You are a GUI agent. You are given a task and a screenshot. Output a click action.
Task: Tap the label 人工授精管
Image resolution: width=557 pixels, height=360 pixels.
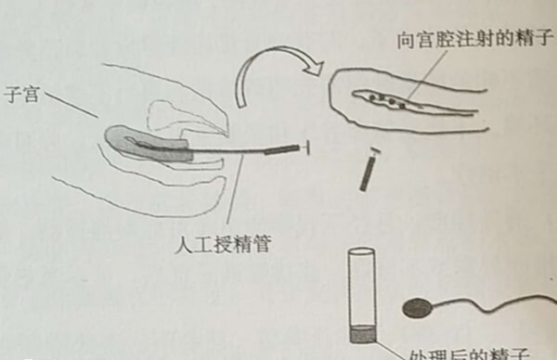(x=214, y=246)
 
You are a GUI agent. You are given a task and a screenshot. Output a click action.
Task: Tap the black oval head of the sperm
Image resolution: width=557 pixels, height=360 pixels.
(x=419, y=307)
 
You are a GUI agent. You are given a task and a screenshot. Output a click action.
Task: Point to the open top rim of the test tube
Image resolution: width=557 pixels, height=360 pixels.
(x=360, y=252)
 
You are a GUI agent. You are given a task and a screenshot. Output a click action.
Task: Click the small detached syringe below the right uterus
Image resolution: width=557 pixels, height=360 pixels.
(x=368, y=171)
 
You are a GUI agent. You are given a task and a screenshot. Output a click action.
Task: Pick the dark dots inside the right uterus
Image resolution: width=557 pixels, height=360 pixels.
(x=389, y=97)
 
